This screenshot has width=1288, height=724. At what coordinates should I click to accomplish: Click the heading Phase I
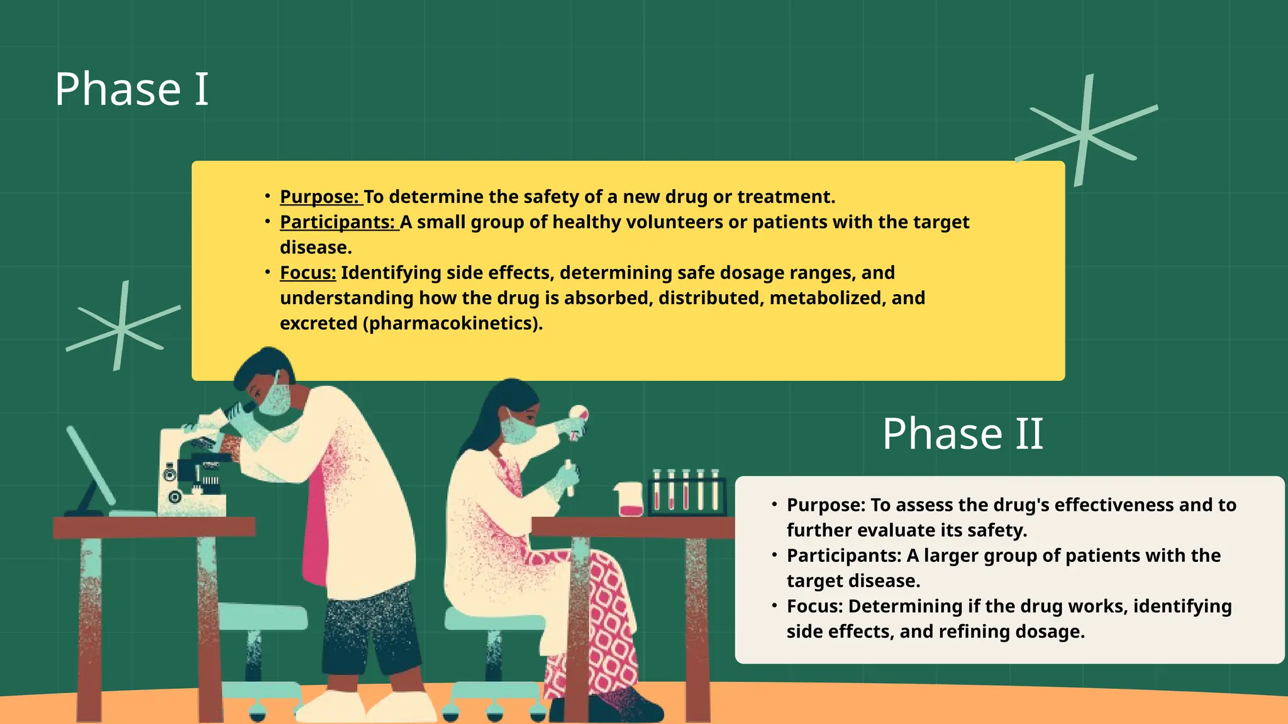click(x=131, y=89)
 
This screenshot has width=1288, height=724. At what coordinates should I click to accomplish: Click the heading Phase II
click(x=962, y=434)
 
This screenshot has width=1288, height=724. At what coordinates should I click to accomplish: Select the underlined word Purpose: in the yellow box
click(x=319, y=197)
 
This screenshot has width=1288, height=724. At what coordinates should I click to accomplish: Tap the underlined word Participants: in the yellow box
click(x=338, y=222)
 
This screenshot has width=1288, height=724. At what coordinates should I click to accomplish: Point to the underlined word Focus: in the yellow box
click(x=308, y=273)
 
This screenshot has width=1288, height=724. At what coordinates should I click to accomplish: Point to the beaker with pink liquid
click(x=630, y=500)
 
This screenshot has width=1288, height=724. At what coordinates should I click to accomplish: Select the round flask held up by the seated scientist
click(x=578, y=415)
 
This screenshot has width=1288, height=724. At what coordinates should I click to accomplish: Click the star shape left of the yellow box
click(x=122, y=327)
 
